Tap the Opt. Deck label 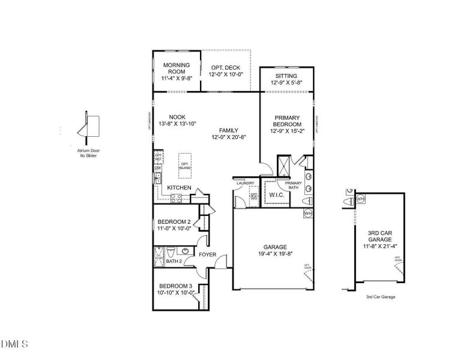tap(225, 70)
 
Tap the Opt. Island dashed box tap(185, 165)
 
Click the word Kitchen tap(179, 188)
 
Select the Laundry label tap(246, 183)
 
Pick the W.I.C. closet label tap(276, 194)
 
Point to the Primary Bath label tap(293, 185)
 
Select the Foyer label tap(208, 254)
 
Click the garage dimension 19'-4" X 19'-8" tap(274, 254)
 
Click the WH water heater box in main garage tap(307, 213)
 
